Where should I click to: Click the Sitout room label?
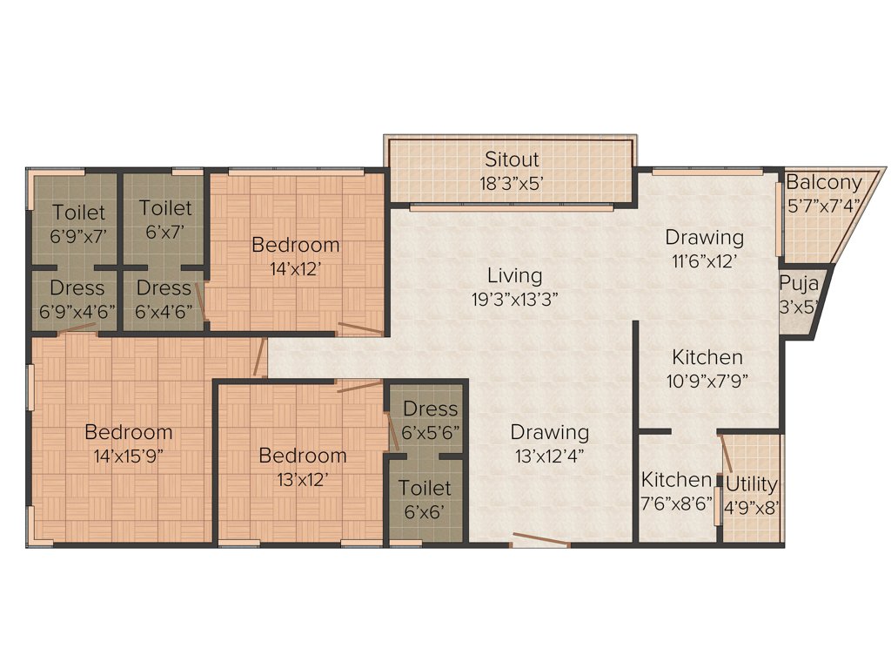[x=512, y=159]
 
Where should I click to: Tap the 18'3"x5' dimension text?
[x=512, y=183]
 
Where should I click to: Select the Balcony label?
[x=823, y=183]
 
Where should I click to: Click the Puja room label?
[x=797, y=283]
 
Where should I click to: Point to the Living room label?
[x=514, y=276]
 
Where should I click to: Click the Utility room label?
[x=751, y=484]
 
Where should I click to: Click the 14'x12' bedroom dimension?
[x=295, y=268]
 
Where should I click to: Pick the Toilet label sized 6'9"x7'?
[x=78, y=212]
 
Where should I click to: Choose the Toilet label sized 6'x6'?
[x=425, y=488]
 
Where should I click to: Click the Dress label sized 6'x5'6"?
[x=430, y=409]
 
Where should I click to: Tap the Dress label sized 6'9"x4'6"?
[x=77, y=287]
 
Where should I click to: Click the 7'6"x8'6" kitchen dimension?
[x=676, y=503]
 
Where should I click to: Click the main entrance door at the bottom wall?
[x=540, y=541]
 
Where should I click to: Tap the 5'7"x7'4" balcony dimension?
[x=823, y=206]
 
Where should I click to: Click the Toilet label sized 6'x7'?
[x=165, y=208]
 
